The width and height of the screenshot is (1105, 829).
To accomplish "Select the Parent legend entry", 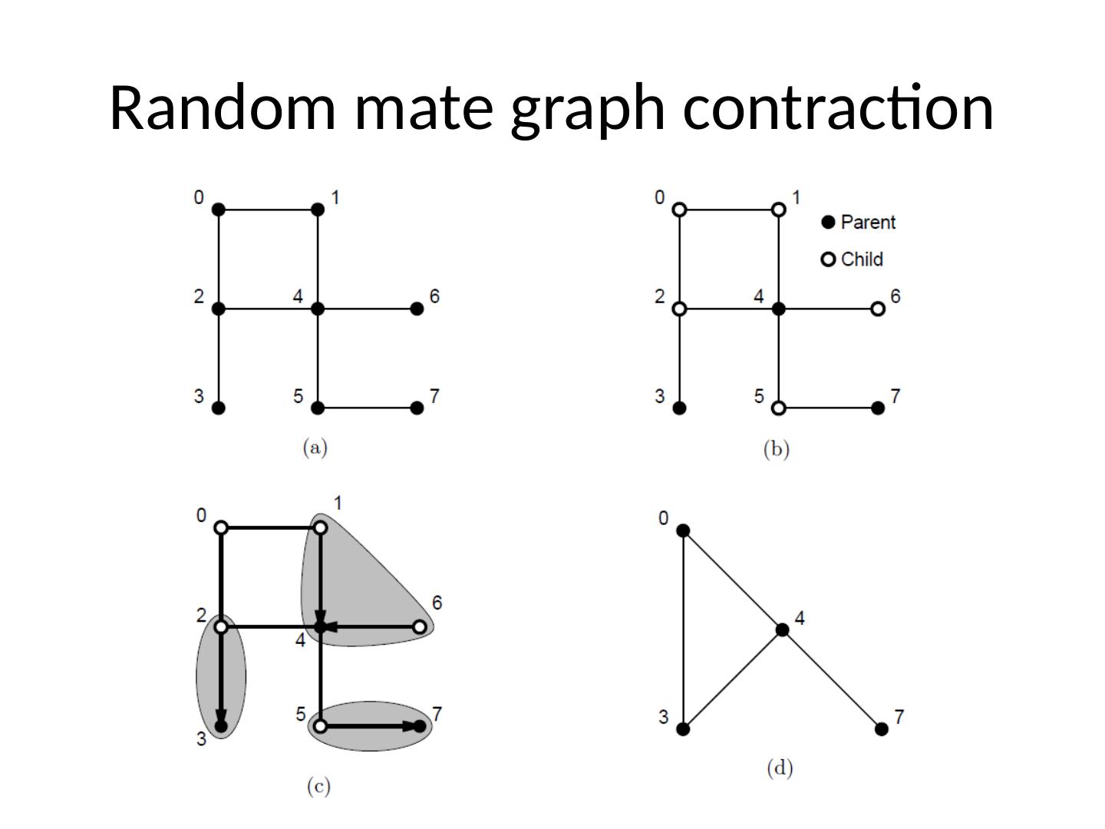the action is pyautogui.click(x=859, y=222).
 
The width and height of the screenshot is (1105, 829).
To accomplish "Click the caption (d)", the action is pyautogui.click(x=780, y=768).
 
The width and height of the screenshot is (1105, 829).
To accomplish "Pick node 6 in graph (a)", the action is pyautogui.click(x=417, y=309).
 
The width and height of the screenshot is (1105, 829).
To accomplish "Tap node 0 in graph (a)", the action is pyautogui.click(x=218, y=209).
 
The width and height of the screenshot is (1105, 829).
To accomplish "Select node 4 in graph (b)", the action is pyautogui.click(x=779, y=309).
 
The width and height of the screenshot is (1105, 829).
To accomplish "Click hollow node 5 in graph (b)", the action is pyautogui.click(x=779, y=408).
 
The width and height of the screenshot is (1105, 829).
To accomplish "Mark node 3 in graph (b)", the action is pyautogui.click(x=679, y=408).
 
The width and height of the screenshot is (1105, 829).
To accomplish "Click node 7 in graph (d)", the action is pyautogui.click(x=882, y=728).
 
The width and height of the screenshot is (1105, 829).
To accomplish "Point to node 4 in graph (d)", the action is pyautogui.click(x=782, y=629).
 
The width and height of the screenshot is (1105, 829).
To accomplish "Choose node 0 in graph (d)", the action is pyautogui.click(x=683, y=530).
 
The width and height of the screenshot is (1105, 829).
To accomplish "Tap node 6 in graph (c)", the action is pyautogui.click(x=419, y=627).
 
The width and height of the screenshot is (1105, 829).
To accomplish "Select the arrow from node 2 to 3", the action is pyautogui.click(x=221, y=675).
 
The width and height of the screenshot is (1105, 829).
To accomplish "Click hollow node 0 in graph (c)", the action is pyautogui.click(x=221, y=527).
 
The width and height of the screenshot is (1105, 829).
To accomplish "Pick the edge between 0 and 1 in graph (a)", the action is pyautogui.click(x=268, y=209).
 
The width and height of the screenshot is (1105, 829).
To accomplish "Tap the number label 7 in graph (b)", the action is pyautogui.click(x=895, y=396).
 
